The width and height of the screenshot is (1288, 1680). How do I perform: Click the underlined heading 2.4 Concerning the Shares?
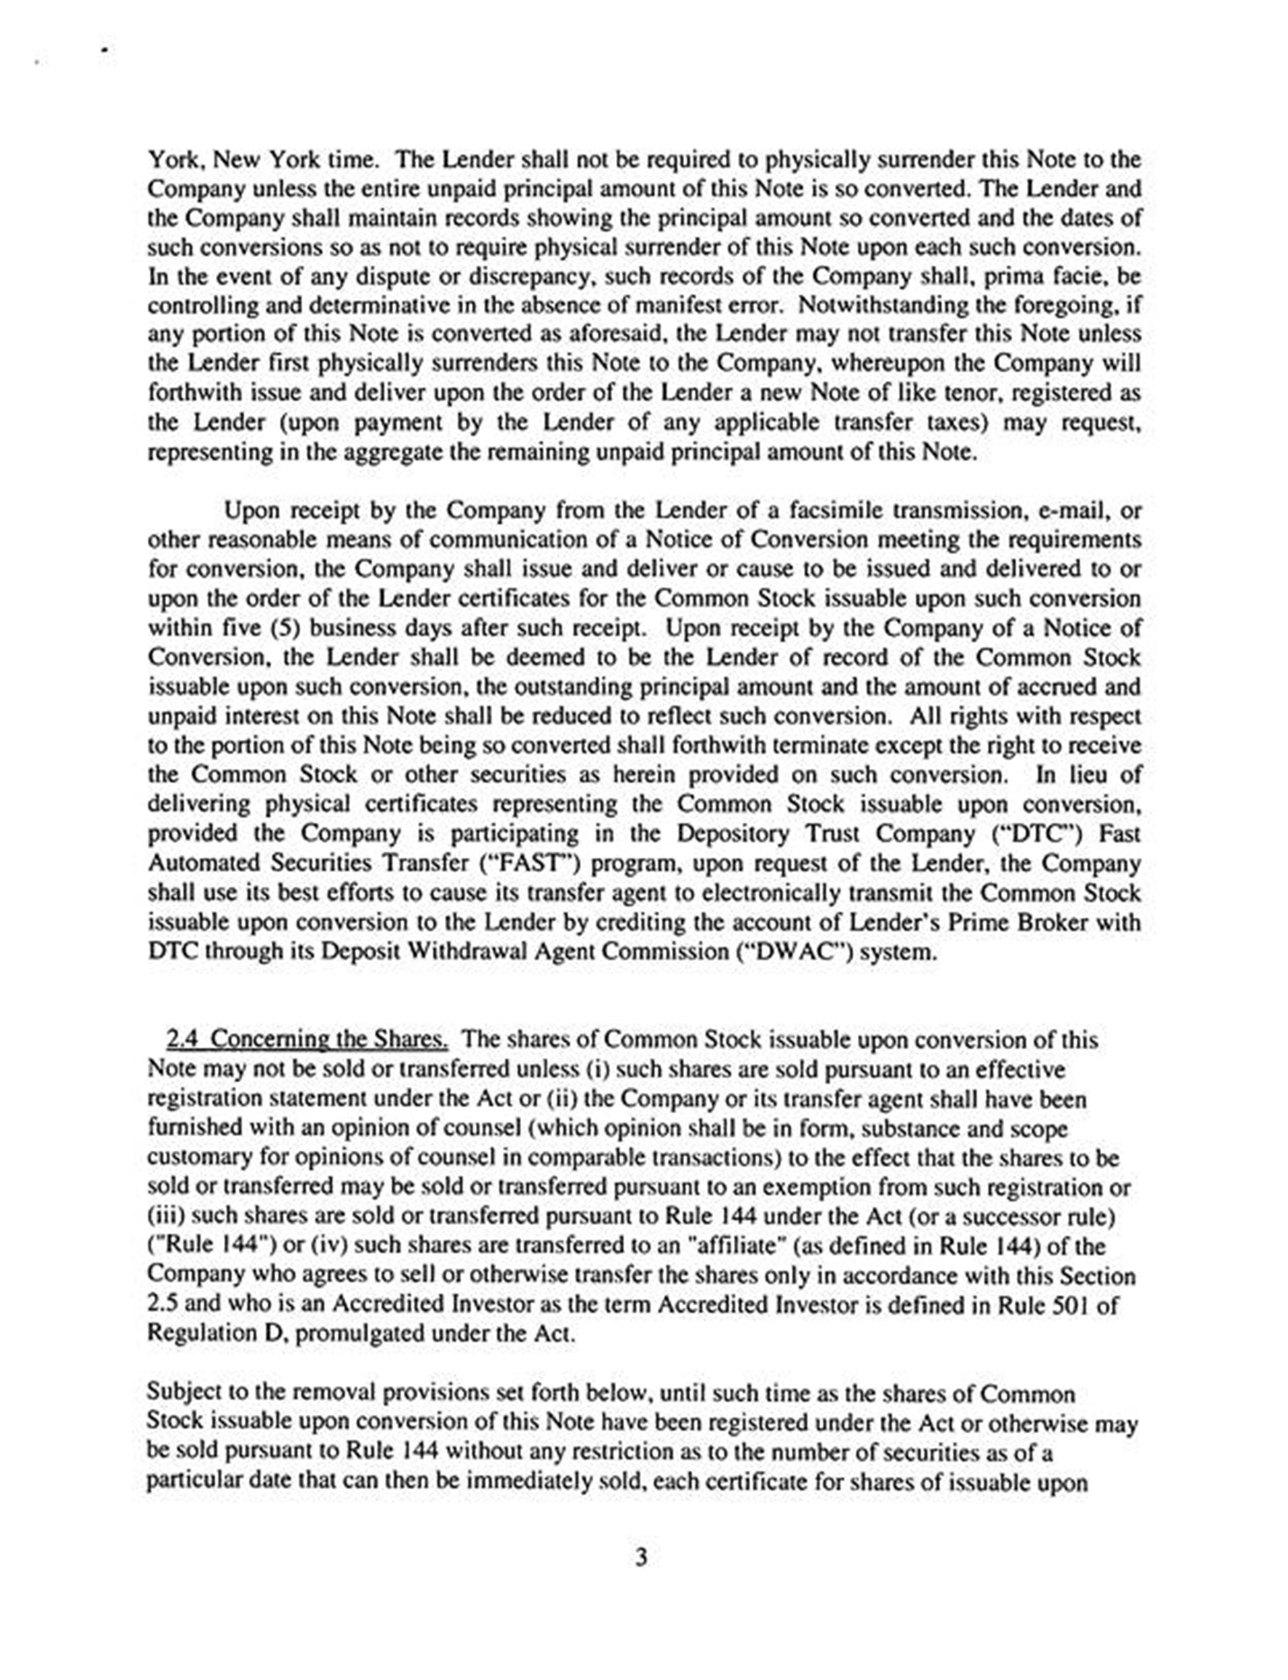(307, 1040)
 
